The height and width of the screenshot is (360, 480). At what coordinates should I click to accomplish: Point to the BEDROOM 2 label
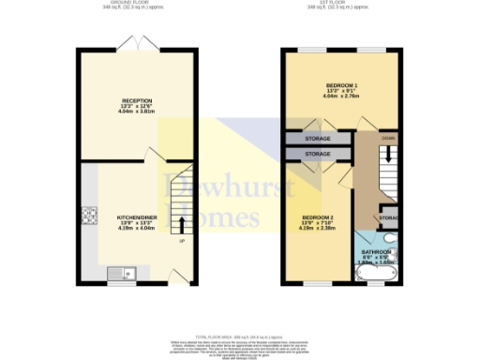[x=317, y=217]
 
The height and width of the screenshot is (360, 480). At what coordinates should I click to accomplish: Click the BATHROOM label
[x=378, y=253]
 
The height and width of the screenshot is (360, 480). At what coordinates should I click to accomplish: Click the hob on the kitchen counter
[x=91, y=217]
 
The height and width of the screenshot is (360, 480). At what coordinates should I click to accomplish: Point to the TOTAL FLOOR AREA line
[x=239, y=335]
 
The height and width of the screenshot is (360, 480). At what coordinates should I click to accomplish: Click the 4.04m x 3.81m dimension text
[x=137, y=112]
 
